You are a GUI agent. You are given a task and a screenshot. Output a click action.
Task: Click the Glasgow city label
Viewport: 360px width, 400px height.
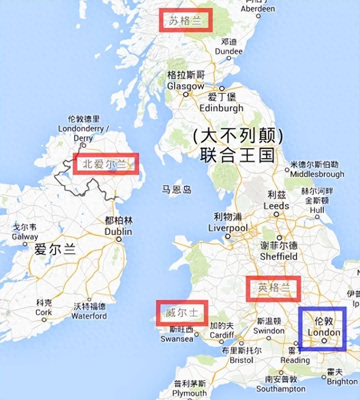(186, 86)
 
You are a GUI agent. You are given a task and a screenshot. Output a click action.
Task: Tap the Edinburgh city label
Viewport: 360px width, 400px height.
(221, 108)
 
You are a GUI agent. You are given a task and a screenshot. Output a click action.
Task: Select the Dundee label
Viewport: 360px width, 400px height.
(229, 51)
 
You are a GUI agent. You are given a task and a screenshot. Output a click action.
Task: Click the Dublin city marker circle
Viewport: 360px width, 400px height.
(119, 239)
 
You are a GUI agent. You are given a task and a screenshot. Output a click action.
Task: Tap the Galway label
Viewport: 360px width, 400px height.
(25, 237)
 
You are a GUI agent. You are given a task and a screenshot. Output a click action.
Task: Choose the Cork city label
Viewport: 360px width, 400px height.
(43, 312)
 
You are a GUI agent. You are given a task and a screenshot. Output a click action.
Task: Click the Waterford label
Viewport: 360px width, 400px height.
(89, 316)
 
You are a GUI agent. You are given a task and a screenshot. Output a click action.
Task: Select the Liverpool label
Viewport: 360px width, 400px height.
(228, 228)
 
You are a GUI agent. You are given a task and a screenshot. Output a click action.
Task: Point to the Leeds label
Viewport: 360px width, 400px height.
(276, 206)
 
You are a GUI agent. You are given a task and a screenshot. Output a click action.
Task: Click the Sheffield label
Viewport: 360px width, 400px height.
(279, 256)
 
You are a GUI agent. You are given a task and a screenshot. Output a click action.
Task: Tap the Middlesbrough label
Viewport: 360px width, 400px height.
(317, 174)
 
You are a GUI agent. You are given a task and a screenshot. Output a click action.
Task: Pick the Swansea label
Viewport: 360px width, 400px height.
(177, 339)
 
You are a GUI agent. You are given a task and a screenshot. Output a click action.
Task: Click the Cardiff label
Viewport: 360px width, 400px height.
(222, 335)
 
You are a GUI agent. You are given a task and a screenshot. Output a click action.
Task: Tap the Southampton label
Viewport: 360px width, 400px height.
(281, 389)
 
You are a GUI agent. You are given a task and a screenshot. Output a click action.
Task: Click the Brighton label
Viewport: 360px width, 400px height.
(342, 381)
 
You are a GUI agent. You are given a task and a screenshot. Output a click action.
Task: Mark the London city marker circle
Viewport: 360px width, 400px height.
(324, 341)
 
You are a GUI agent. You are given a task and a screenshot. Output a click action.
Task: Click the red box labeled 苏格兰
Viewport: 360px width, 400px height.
(186, 20)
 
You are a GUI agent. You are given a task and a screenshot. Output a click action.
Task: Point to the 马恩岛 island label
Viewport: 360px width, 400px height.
(177, 190)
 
